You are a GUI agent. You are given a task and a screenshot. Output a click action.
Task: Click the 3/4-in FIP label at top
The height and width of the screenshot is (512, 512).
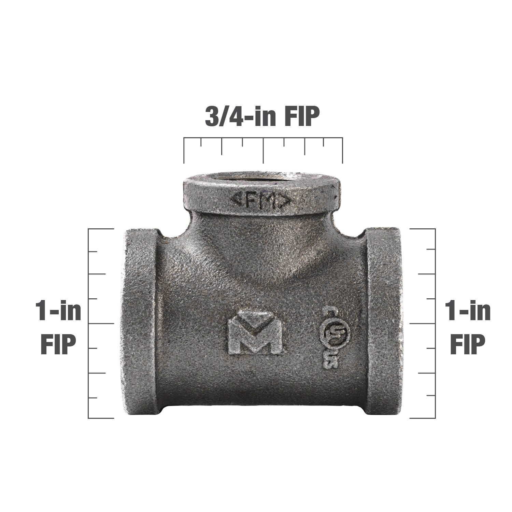[262, 117]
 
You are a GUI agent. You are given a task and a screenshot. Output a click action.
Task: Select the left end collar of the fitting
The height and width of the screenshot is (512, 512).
[140, 323]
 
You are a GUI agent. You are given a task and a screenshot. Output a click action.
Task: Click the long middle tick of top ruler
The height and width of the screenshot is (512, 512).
[263, 150]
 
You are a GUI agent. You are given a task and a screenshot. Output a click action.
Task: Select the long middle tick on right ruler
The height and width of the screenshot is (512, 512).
[423, 323]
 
